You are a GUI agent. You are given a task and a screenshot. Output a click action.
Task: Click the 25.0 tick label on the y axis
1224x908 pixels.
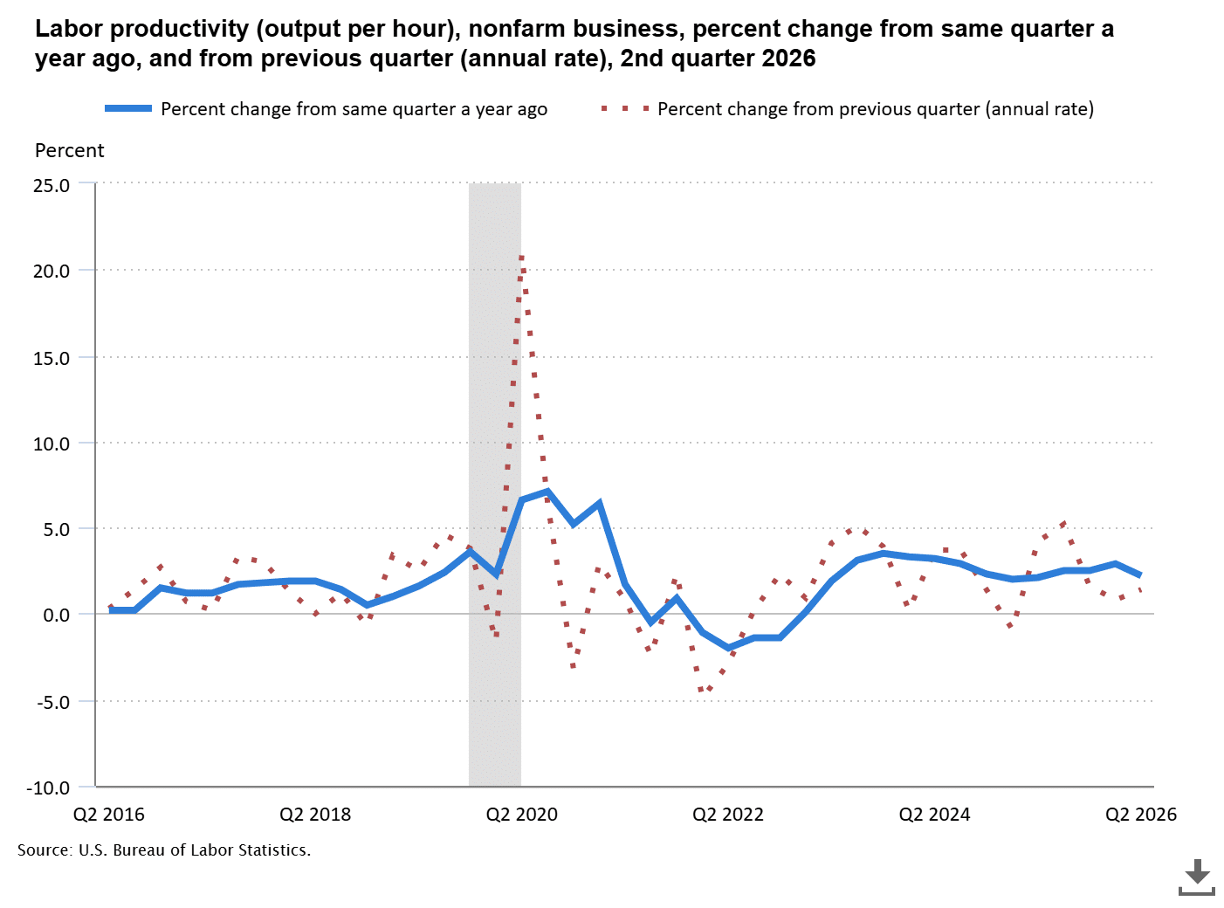52,186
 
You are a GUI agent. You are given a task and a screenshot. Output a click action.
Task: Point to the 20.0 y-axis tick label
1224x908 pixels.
52,272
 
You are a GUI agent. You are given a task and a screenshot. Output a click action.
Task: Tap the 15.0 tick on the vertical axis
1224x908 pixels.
52,359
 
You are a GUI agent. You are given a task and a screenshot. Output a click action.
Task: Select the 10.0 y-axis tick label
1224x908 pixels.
52,444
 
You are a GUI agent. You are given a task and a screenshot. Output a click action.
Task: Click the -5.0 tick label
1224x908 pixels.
53,703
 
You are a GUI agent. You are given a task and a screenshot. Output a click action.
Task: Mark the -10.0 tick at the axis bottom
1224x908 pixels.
48,788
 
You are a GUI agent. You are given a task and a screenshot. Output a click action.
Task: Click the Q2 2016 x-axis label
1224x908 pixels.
109,815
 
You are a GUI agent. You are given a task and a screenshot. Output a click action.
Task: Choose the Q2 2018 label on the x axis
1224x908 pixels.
315,815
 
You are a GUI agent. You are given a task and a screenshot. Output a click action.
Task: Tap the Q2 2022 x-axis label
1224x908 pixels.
728,815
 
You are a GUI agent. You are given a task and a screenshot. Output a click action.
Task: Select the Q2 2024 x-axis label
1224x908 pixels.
934,815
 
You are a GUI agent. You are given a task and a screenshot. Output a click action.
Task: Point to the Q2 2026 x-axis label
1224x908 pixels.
1141,815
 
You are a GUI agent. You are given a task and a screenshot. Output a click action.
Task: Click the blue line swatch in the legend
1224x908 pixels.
128,109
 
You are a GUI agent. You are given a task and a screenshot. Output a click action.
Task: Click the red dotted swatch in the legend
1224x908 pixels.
625,109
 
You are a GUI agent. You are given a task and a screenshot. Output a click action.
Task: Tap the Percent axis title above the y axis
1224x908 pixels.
70,151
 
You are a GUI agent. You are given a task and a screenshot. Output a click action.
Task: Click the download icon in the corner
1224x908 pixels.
1196,877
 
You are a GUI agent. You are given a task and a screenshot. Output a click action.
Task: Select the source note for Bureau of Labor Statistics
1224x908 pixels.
164,850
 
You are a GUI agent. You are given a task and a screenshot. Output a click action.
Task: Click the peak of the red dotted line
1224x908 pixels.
521,258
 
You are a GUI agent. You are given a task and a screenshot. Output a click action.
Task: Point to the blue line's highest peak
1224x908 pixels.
547,491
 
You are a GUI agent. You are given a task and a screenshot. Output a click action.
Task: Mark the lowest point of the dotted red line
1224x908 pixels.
701,690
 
